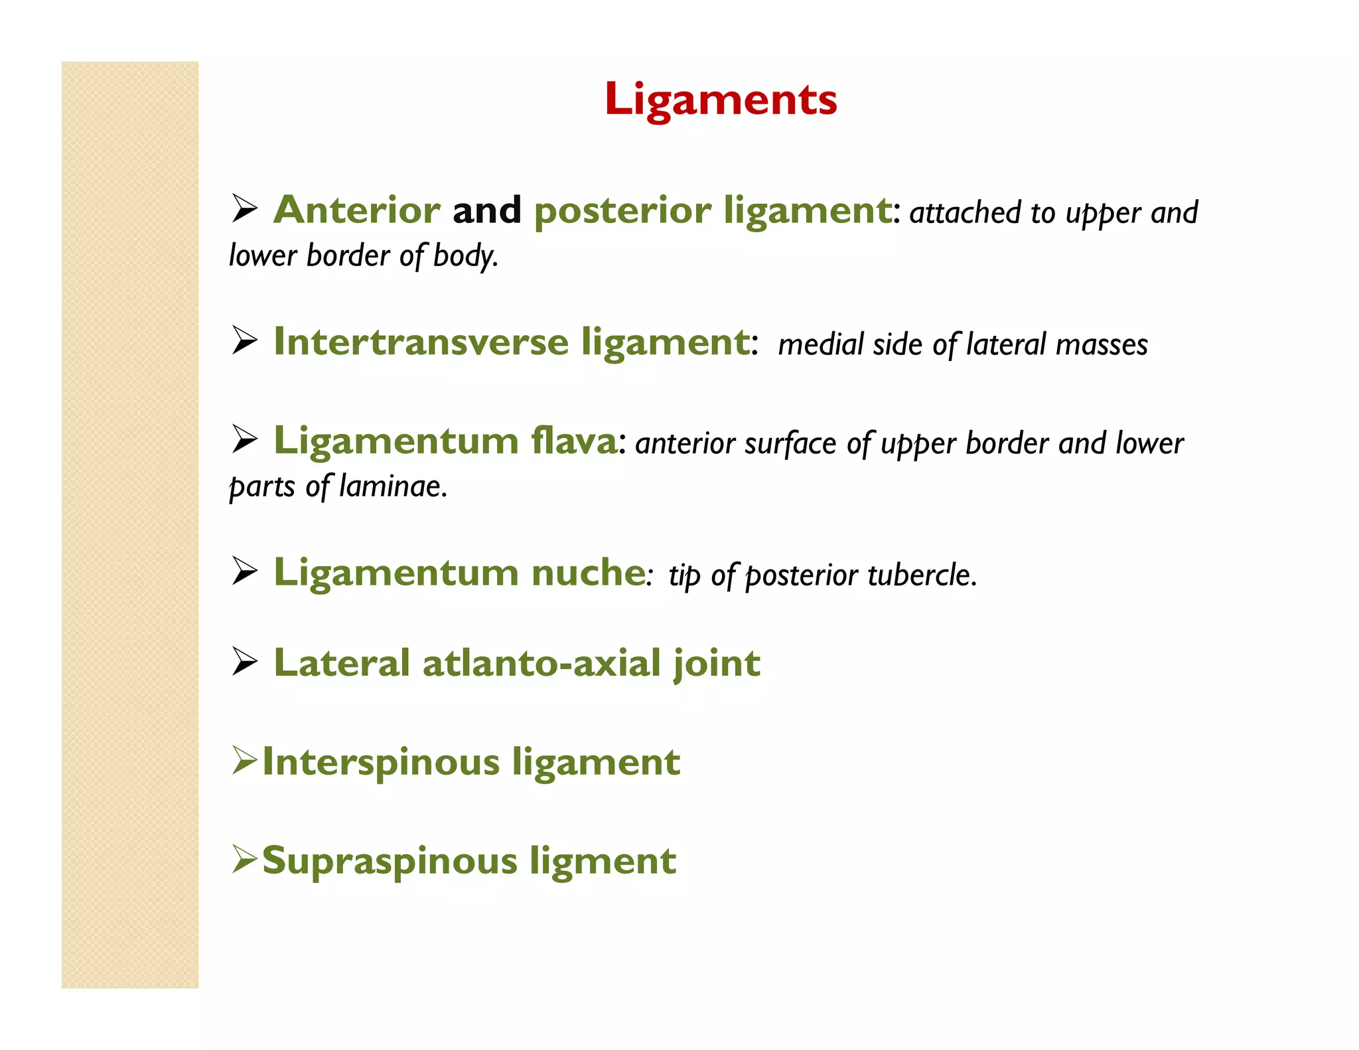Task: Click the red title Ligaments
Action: coord(721,100)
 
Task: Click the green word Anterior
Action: coord(357,210)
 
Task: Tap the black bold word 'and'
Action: coord(487,210)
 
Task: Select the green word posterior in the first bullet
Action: coord(622,210)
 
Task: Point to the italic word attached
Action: coord(965,213)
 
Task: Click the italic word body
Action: coord(465,256)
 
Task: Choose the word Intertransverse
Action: coord(421,342)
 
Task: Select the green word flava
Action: coord(574,441)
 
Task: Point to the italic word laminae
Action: coord(392,487)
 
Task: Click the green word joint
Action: coord(717,663)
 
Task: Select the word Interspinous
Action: coord(381,761)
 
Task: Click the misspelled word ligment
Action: coord(603,861)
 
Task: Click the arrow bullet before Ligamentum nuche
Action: coord(244,571)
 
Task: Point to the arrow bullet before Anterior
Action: coord(244,209)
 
